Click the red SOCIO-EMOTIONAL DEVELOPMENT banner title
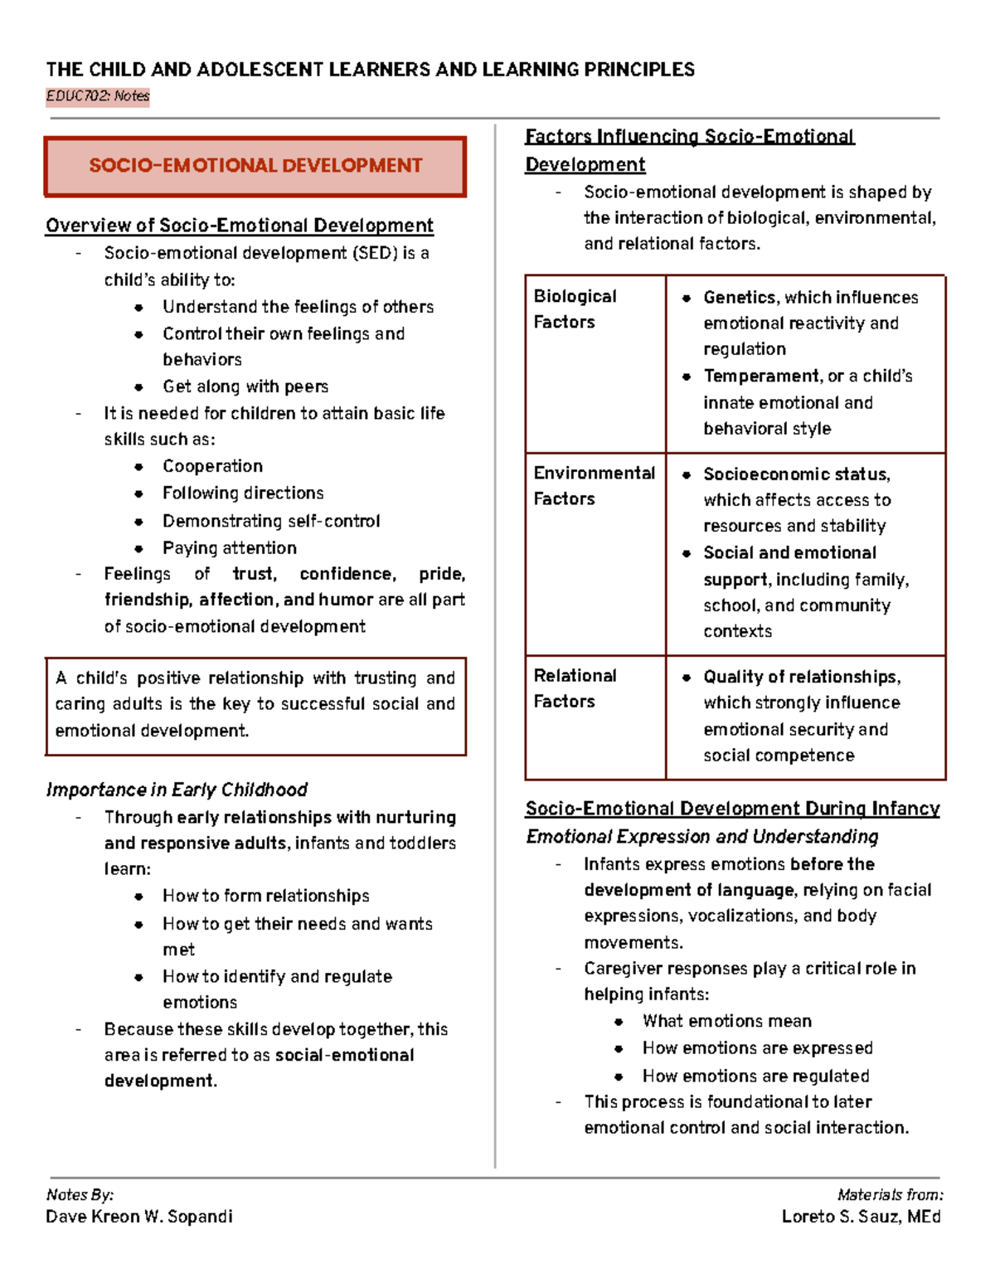pyautogui.click(x=255, y=166)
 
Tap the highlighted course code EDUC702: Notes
pyautogui.click(x=98, y=96)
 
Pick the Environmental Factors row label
pyautogui.click(x=594, y=485)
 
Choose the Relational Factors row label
pyautogui.click(x=575, y=688)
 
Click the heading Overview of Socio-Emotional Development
pyautogui.click(x=239, y=226)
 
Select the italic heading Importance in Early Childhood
pyautogui.click(x=177, y=790)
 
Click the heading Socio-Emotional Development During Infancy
pyautogui.click(x=732, y=809)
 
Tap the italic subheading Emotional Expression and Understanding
pyautogui.click(x=701, y=837)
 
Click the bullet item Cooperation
pyautogui.click(x=212, y=466)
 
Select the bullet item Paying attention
pyautogui.click(x=229, y=548)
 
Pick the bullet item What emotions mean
pyautogui.click(x=726, y=1021)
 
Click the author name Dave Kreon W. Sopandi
pyautogui.click(x=139, y=1217)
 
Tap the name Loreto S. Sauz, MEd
pyautogui.click(x=861, y=1217)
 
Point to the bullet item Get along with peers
pyautogui.click(x=245, y=386)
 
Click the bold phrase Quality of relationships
pyautogui.click(x=801, y=677)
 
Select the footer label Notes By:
pyautogui.click(x=80, y=1195)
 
